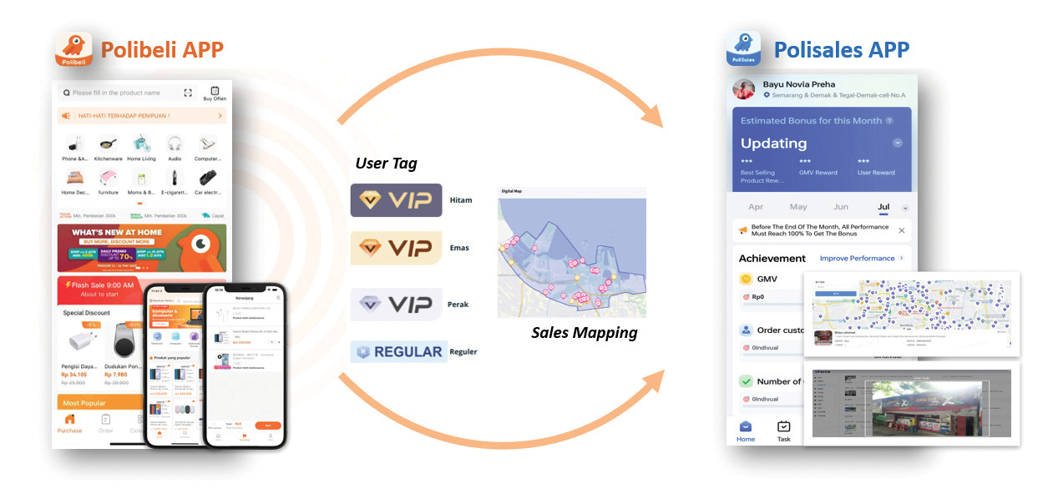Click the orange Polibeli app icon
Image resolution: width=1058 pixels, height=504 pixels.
(x=73, y=49)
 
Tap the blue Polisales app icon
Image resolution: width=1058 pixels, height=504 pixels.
(x=742, y=49)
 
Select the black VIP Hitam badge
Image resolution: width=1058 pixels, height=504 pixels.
(x=396, y=200)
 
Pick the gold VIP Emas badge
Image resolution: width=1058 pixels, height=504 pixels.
(x=396, y=248)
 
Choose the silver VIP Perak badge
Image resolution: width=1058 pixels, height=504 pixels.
(x=396, y=305)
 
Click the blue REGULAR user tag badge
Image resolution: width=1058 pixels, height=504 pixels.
(x=397, y=351)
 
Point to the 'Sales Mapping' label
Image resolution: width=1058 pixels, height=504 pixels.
(x=584, y=333)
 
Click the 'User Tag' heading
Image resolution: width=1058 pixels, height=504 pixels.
(x=386, y=164)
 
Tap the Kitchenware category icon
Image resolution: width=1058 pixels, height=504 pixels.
(x=108, y=144)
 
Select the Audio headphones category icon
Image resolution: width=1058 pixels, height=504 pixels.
(x=174, y=144)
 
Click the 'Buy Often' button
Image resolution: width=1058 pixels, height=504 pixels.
(x=215, y=93)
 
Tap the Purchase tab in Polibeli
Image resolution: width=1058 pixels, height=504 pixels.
(x=70, y=423)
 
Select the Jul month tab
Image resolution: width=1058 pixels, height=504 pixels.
(x=883, y=207)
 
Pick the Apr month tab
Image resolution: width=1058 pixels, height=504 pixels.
(x=756, y=207)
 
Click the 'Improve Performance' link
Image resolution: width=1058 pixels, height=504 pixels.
(x=857, y=259)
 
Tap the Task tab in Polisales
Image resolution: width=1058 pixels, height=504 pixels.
(x=783, y=431)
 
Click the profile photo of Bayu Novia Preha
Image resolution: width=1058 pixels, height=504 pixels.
(x=744, y=89)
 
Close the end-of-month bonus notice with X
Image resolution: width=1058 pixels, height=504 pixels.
(x=901, y=230)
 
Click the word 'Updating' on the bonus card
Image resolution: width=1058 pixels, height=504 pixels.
(x=773, y=143)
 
